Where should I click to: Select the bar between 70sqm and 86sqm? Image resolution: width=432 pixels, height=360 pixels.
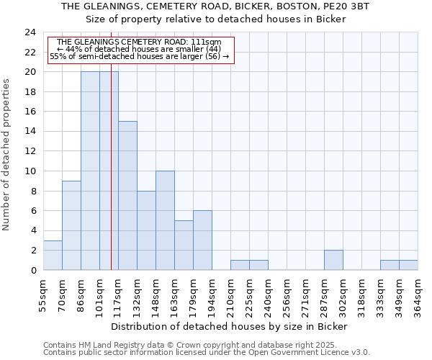[71, 225]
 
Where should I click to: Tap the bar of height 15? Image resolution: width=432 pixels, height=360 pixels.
[127, 196]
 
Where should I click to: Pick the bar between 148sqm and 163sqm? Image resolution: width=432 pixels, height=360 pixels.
[165, 220]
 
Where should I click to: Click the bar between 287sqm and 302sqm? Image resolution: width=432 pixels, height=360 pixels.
[333, 260]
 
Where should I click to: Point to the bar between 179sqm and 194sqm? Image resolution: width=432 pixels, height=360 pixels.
[202, 240]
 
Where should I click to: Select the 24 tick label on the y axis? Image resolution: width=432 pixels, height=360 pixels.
[30, 32]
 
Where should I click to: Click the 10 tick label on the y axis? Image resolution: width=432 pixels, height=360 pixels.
[30, 171]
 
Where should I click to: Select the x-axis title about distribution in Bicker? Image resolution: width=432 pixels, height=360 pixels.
[230, 327]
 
